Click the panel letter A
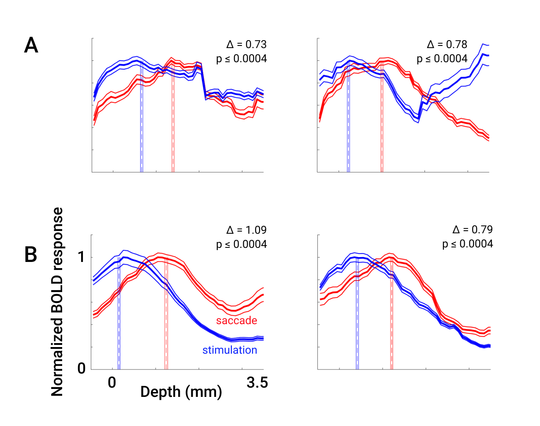coord(31,45)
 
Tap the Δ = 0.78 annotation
coord(447,45)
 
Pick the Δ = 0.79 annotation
coord(472,230)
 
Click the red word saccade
coord(237,320)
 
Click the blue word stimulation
coord(230,350)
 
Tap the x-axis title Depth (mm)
coord(181,391)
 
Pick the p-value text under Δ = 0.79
coord(468,244)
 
